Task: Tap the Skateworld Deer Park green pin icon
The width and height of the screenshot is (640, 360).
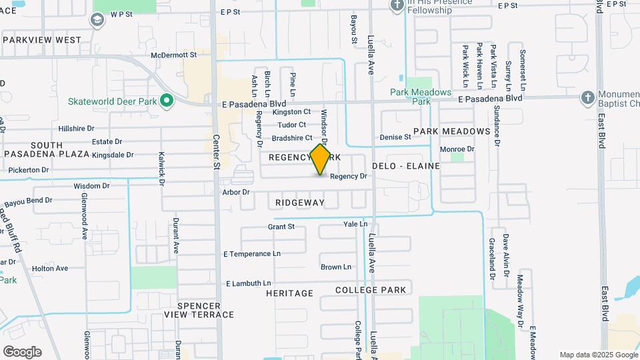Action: pos(167,102)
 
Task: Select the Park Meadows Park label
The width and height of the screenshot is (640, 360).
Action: pos(421,97)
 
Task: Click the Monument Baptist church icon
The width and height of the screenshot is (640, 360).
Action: pos(587,97)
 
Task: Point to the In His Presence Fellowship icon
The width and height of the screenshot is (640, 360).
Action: pos(397,6)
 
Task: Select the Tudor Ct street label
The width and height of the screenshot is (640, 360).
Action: pos(292,125)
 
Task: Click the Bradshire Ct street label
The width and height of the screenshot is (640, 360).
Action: pos(292,138)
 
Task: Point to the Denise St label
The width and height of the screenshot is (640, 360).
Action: pos(395,137)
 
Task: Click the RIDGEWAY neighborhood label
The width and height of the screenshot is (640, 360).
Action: pos(299,202)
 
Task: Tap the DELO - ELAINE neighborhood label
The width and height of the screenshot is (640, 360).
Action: pos(405,165)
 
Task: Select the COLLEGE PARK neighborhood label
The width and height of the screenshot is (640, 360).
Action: pos(370,290)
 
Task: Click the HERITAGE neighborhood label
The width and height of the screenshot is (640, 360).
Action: pos(289,293)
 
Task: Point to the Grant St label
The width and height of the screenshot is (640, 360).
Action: pos(281,227)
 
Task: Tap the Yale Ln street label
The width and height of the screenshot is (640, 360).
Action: pos(355,224)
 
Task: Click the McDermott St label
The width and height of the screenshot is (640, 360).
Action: pos(174,55)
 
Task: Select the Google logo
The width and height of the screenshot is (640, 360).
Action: pos(22,351)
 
